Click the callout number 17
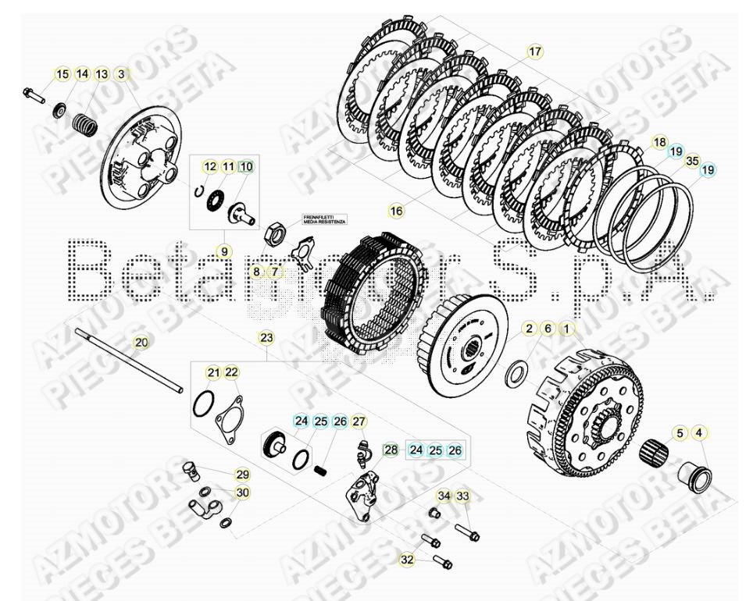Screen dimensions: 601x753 pos(534,52)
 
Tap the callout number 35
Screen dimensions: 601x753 pos(691,162)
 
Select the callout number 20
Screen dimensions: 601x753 pos(141,342)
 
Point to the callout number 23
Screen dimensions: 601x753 pos(266,338)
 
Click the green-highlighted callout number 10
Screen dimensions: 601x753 pos(246,166)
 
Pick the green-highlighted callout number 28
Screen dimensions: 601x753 pos(391,450)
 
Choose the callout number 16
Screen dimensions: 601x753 pos(396,212)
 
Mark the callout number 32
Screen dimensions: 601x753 pos(407,559)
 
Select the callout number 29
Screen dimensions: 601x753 pos(242,474)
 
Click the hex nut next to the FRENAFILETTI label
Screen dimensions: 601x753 pos(276,231)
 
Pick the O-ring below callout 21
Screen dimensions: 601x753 pos(202,405)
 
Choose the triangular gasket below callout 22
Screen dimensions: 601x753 pos(227,417)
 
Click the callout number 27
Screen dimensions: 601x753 pos(359,422)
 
